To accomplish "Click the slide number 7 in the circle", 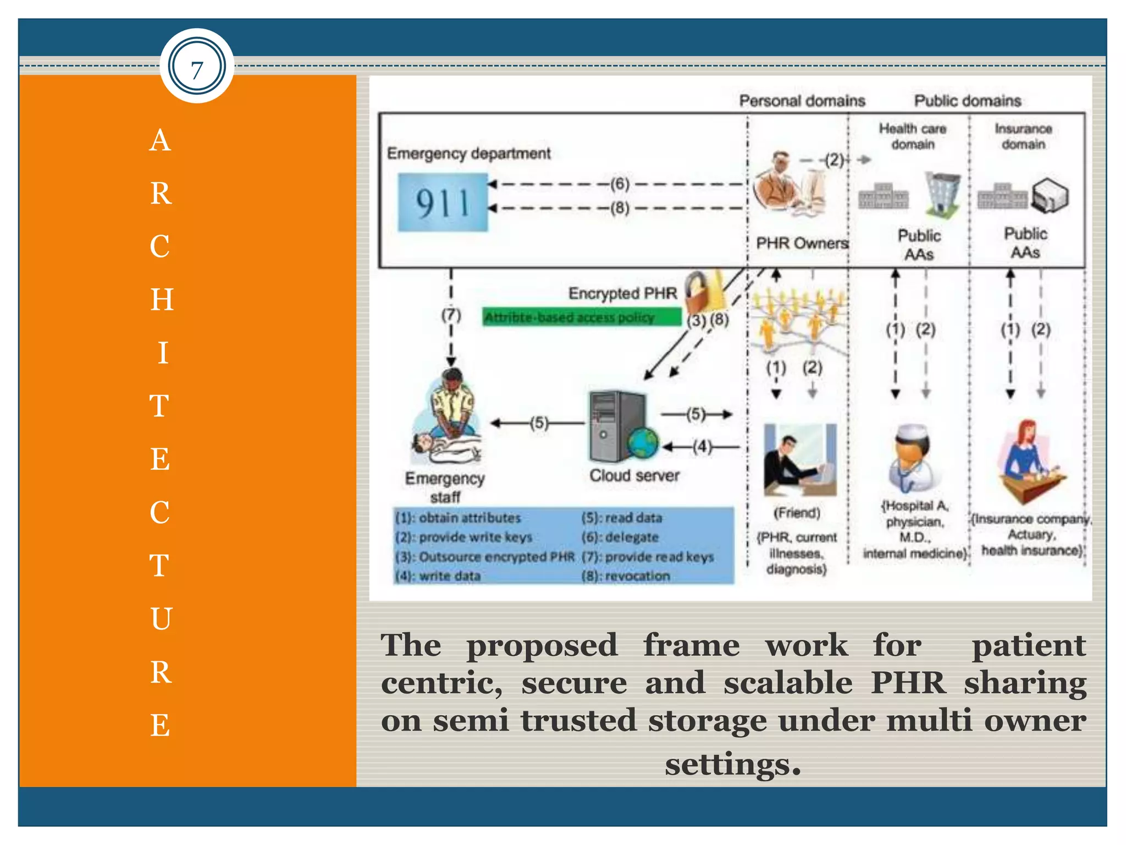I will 197,67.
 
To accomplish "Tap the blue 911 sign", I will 443,203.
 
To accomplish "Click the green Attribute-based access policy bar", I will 581,317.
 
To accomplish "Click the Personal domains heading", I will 802,101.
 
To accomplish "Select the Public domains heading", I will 967,101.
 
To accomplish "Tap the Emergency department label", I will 468,153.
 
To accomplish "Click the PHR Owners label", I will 802,243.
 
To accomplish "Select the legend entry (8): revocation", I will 626,576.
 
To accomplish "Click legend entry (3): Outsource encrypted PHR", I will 484,557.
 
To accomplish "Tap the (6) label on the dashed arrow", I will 620,184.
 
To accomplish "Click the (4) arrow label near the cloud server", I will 702,446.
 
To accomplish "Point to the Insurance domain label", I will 1023,136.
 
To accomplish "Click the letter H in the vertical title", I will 162,300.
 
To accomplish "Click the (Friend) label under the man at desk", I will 797,513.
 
